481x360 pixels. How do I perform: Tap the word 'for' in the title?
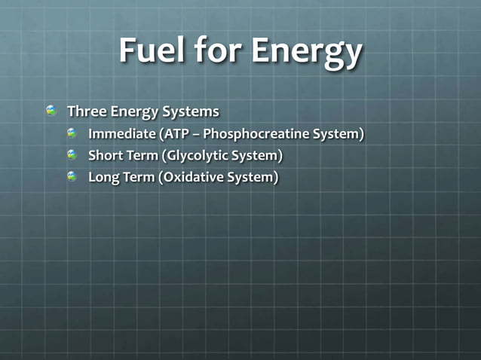pos(221,52)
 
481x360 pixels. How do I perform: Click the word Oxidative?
pos(187,178)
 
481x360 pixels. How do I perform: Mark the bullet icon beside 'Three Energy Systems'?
pos(51,111)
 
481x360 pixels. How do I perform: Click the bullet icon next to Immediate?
pos(72,134)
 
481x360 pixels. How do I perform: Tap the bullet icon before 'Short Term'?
pos(72,155)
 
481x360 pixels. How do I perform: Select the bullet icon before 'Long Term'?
pos(72,177)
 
